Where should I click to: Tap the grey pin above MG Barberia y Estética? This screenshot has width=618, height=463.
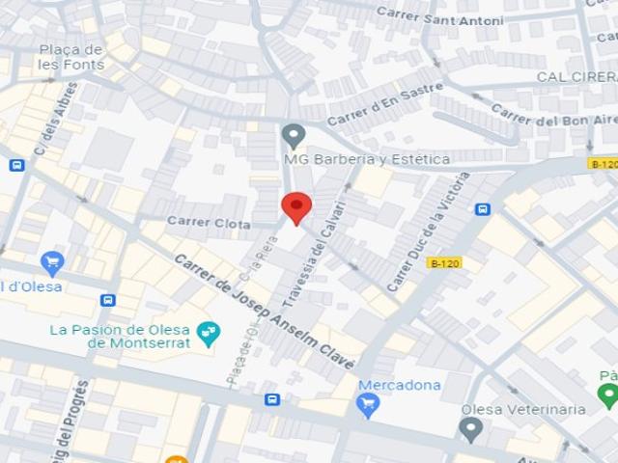[x=294, y=135]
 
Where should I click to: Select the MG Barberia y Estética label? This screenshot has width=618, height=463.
[x=366, y=159]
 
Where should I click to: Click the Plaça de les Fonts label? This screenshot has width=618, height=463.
[x=70, y=57]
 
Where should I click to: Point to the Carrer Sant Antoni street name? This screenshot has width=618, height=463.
[x=439, y=15]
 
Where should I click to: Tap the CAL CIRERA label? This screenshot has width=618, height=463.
[x=576, y=76]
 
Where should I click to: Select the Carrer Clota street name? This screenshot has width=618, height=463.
[x=209, y=222]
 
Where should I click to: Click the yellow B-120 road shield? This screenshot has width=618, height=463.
[x=444, y=262]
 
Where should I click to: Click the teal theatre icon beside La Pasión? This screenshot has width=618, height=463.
[x=208, y=334]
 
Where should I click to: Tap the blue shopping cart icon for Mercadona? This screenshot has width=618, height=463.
[x=367, y=405]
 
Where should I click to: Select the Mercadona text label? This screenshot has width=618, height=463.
[x=399, y=386]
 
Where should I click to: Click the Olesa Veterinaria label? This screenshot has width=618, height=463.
[x=522, y=409]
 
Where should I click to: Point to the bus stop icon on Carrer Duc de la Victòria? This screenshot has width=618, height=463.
[x=483, y=208]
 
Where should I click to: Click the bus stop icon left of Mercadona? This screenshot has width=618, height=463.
[x=272, y=399]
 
